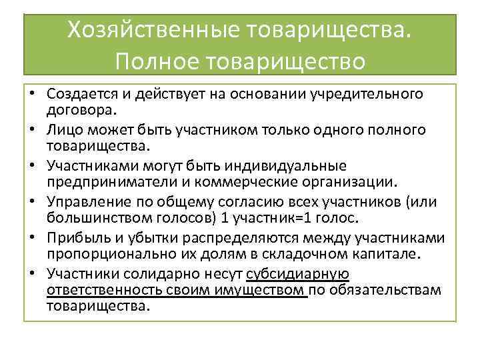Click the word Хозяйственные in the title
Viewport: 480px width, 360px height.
tap(158, 30)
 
